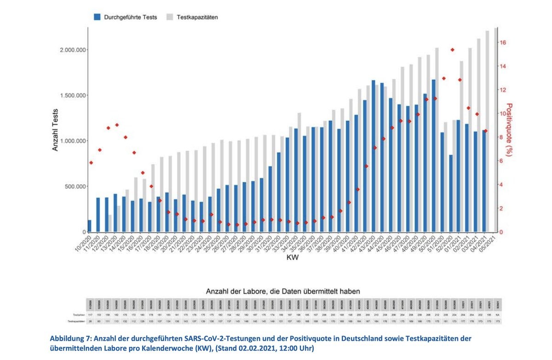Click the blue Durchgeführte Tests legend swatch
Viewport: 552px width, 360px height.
coord(97,17)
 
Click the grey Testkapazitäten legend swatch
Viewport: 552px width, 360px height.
coord(170,17)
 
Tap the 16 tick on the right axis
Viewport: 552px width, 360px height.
coord(503,43)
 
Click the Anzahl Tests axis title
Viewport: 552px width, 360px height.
coord(55,130)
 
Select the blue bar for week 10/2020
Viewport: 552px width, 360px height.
coord(89,226)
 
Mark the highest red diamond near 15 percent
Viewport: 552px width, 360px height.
coord(453,50)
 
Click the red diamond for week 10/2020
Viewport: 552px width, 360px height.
coord(91,163)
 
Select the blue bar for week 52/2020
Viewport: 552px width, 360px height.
coord(451,193)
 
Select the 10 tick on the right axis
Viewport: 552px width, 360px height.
coord(503,114)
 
